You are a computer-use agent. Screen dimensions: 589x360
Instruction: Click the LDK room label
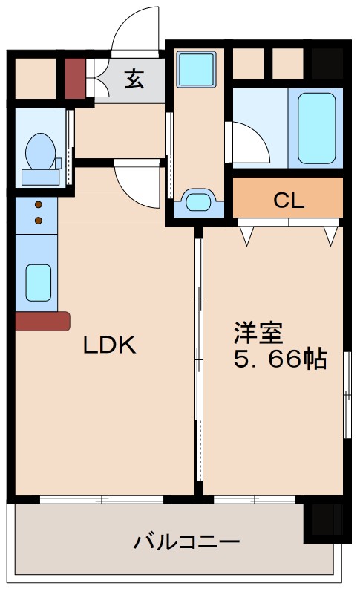click(x=108, y=345)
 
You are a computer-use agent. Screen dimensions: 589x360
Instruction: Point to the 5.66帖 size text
click(x=281, y=359)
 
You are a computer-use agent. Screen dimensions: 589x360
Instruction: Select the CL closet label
click(x=288, y=200)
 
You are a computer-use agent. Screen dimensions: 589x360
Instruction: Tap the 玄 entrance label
click(x=134, y=79)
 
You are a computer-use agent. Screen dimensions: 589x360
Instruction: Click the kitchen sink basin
click(x=39, y=282)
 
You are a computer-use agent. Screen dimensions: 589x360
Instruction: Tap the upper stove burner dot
click(x=39, y=206)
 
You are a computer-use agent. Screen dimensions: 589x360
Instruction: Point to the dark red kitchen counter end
click(x=42, y=321)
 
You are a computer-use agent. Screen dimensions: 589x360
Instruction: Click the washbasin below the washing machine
click(x=197, y=201)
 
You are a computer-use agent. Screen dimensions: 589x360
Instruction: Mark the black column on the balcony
click(x=324, y=523)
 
